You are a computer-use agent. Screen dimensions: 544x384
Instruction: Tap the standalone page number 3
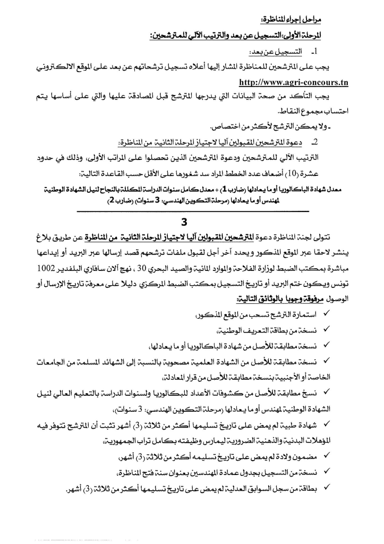pyautogui.click(x=192, y=222)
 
